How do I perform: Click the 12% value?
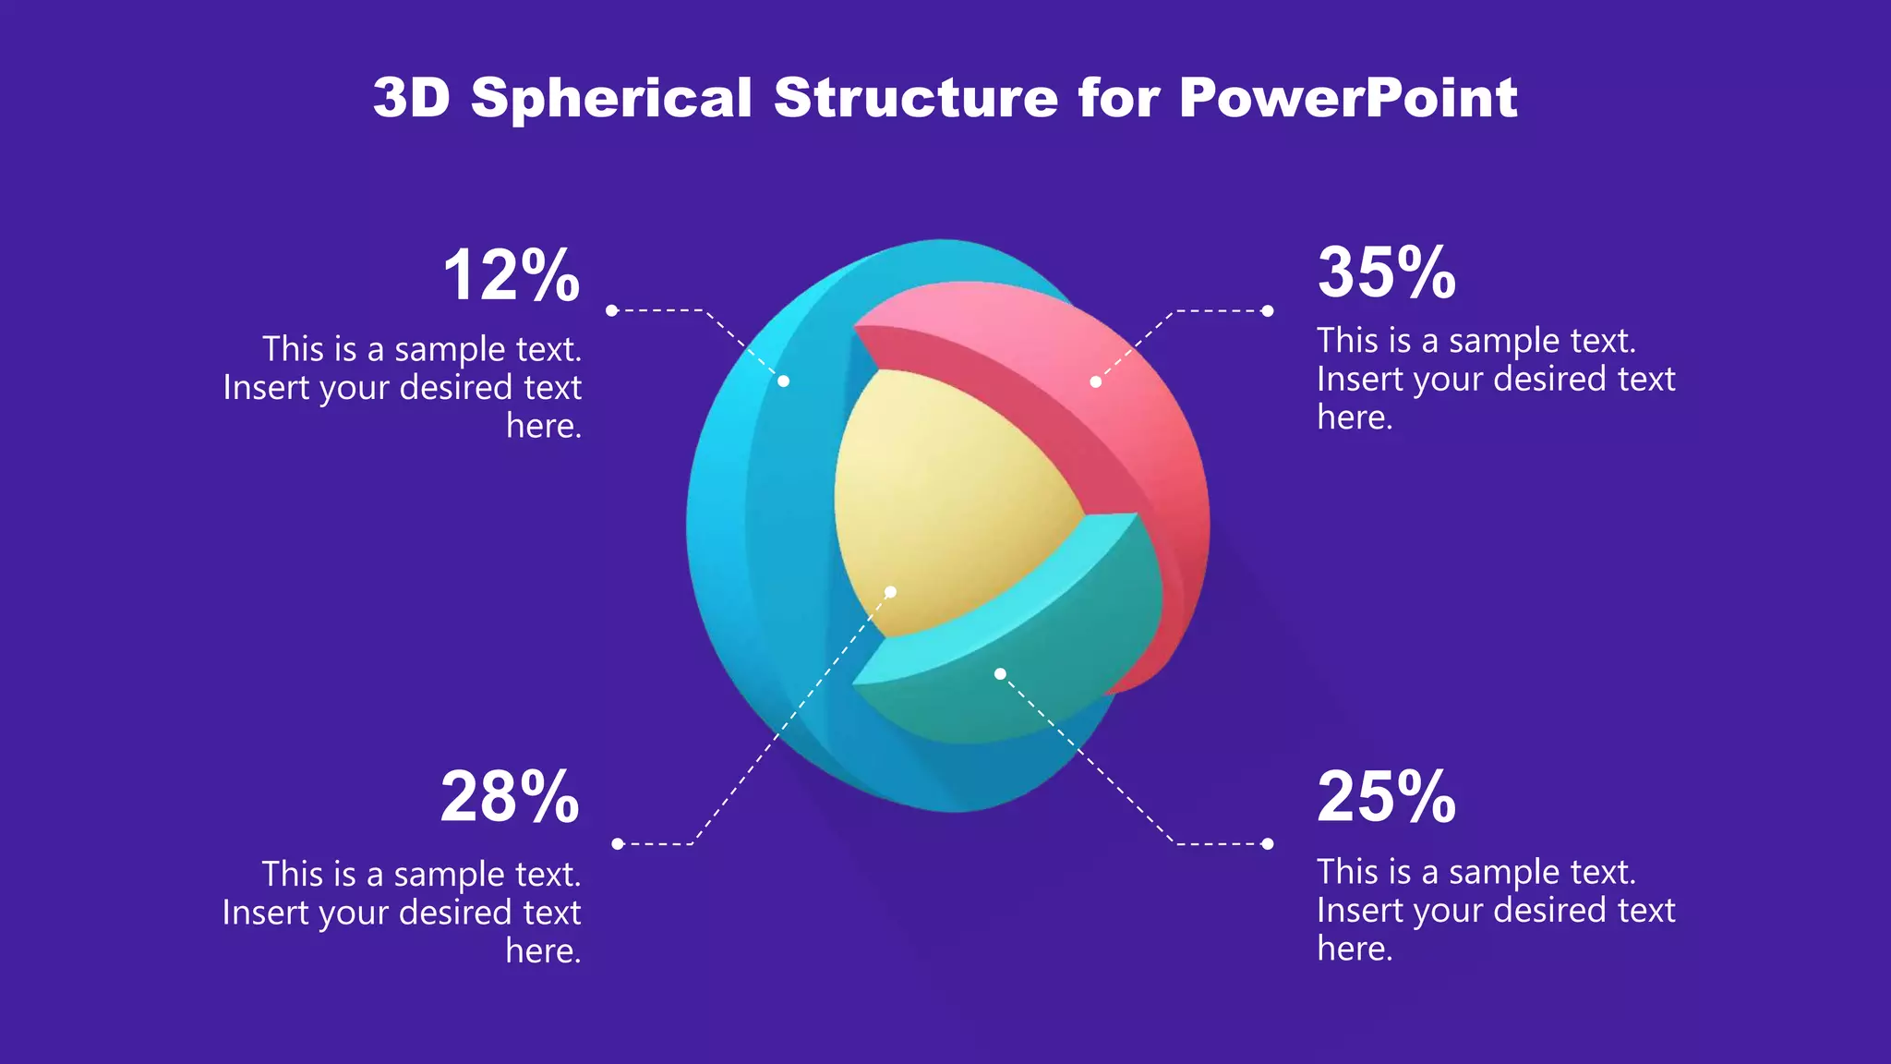coord(511,276)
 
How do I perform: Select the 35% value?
coord(1386,273)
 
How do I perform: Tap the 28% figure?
coord(510,797)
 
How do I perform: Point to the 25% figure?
coord(1386,797)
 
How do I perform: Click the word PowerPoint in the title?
coord(1347,98)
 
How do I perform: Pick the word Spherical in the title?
coord(611,98)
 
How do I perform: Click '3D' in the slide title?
coord(411,98)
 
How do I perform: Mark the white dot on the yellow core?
coord(891,592)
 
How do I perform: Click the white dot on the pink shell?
coord(1095,381)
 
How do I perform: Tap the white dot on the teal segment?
coord(1000,674)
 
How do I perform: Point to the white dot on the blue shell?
coord(783,381)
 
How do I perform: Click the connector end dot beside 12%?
coord(611,310)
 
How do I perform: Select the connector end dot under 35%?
coord(1268,311)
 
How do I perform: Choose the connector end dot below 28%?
coord(618,843)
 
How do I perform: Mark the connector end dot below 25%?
coord(1268,843)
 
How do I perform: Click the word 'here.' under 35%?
coord(1355,418)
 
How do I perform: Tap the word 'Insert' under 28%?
coord(264,913)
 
